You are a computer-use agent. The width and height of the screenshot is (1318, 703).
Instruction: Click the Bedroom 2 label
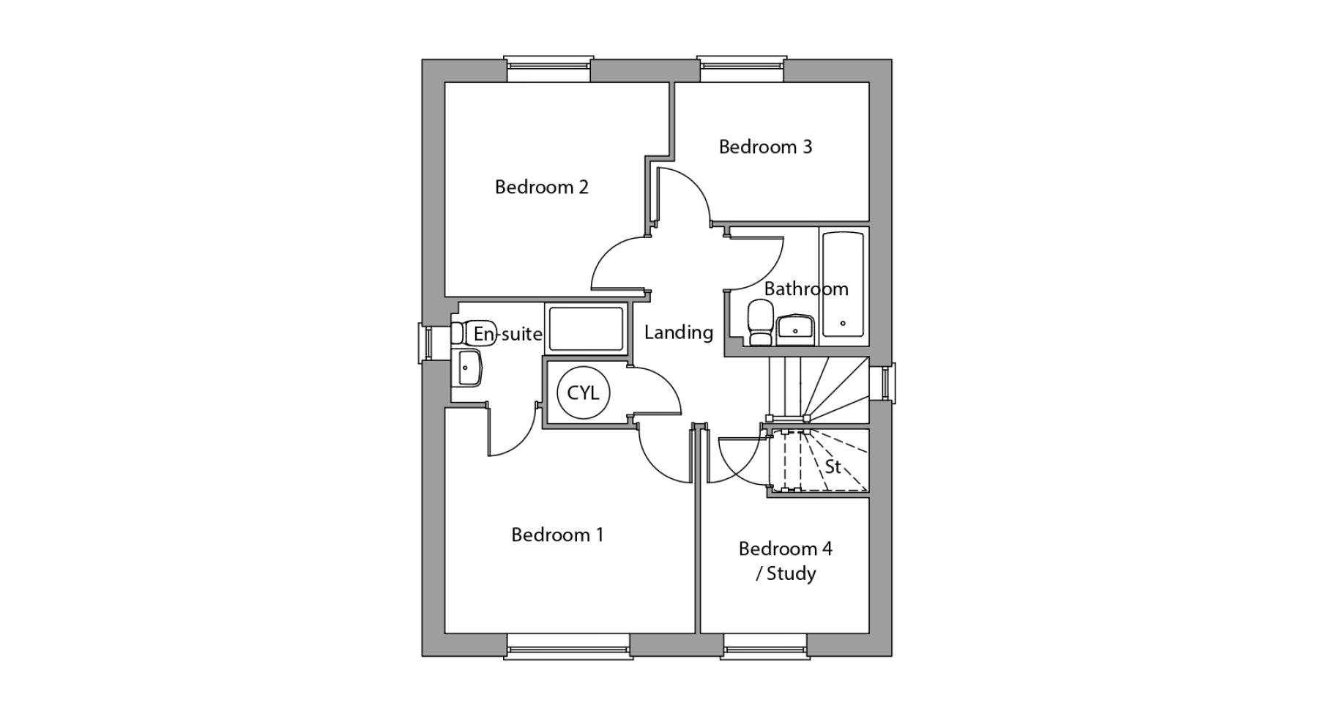[541, 187]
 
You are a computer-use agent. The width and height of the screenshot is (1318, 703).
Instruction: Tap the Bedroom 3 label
[765, 147]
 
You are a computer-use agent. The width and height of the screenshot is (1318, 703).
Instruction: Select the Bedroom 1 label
[557, 535]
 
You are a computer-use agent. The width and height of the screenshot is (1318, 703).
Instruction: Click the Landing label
[679, 332]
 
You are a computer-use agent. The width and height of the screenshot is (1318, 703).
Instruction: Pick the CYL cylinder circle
[583, 393]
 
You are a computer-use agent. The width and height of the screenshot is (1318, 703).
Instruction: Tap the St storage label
[833, 466]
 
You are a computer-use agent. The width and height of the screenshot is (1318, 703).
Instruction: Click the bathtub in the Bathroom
[843, 285]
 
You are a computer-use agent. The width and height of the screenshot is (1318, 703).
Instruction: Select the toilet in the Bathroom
[759, 324]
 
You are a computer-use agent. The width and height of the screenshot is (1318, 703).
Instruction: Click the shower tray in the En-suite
[587, 328]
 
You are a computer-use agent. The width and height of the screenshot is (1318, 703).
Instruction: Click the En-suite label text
[507, 335]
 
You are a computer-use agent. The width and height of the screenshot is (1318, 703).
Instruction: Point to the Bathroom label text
[806, 289]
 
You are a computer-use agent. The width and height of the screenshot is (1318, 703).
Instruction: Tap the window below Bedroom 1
[567, 646]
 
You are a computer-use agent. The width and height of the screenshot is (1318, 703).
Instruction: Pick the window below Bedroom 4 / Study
[766, 646]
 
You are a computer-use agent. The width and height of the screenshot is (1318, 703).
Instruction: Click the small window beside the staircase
[886, 382]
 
